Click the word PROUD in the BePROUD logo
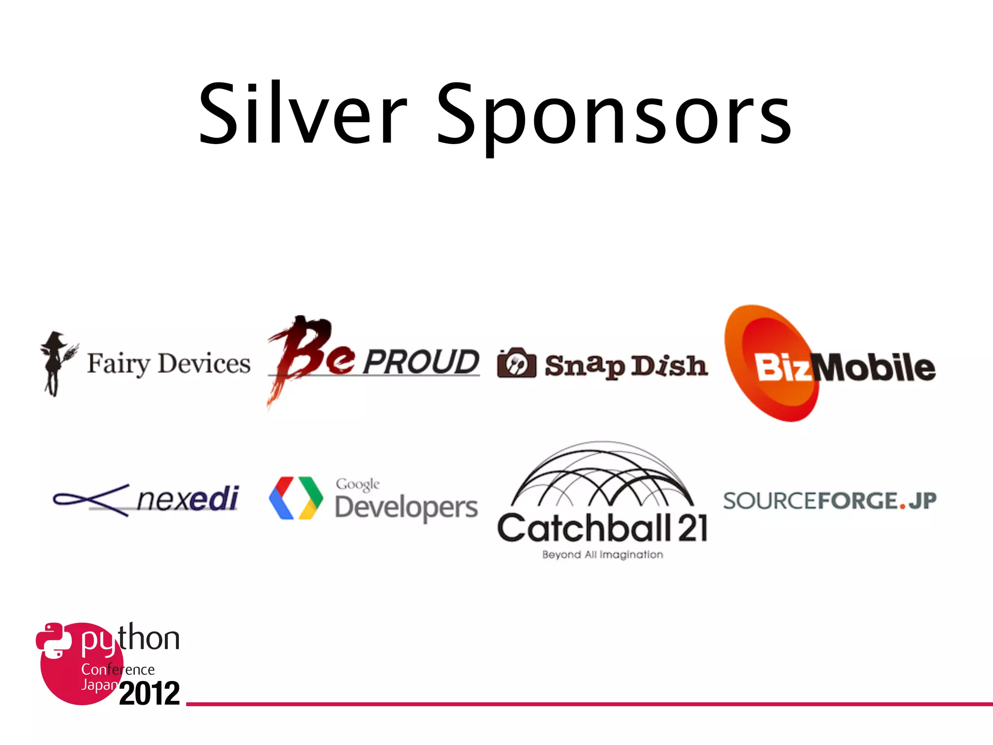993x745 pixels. coord(421,362)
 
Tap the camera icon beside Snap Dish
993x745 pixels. coord(517,363)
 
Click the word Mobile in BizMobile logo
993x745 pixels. coord(875,367)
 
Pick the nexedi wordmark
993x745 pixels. coord(188,499)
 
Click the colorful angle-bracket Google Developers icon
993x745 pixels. coord(296,498)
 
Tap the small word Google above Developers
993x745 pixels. coord(358,484)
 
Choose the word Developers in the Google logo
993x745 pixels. coord(406,508)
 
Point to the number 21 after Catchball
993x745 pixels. coord(692,528)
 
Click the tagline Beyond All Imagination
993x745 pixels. coord(602,554)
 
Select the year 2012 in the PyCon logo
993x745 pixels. coord(149,694)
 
